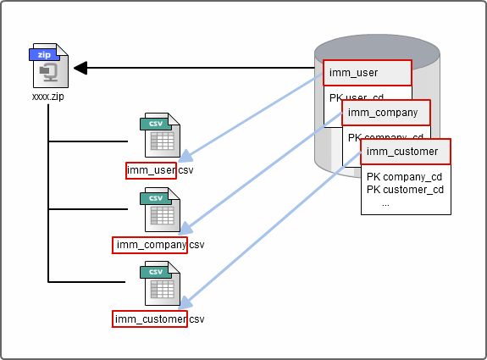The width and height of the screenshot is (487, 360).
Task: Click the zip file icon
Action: point(48,67)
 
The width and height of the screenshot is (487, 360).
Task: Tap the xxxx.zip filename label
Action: point(48,97)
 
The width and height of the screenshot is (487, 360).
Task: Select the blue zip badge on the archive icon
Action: point(44,53)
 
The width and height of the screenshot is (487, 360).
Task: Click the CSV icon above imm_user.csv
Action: point(161,136)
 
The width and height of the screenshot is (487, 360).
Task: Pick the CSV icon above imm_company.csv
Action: point(161,211)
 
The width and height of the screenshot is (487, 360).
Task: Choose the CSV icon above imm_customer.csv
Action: point(161,285)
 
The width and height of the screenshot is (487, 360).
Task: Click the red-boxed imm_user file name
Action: point(151,170)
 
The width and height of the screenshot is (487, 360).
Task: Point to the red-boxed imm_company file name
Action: point(150,245)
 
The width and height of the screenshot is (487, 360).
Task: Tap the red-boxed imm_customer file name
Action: point(150,319)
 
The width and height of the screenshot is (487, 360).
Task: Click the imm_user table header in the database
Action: point(367,73)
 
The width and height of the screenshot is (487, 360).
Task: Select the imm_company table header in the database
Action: point(385,113)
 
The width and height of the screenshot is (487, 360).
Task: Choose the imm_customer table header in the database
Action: point(405,152)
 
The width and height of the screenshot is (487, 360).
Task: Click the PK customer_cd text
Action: point(405,190)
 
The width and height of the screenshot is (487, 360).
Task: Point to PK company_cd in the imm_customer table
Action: point(404,177)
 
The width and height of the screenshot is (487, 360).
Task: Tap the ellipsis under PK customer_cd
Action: point(385,202)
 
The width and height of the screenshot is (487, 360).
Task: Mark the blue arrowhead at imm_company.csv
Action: point(186,230)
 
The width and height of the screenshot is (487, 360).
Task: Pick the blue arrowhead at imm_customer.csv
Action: point(186,302)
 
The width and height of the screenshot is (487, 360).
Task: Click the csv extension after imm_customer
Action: point(196,319)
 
